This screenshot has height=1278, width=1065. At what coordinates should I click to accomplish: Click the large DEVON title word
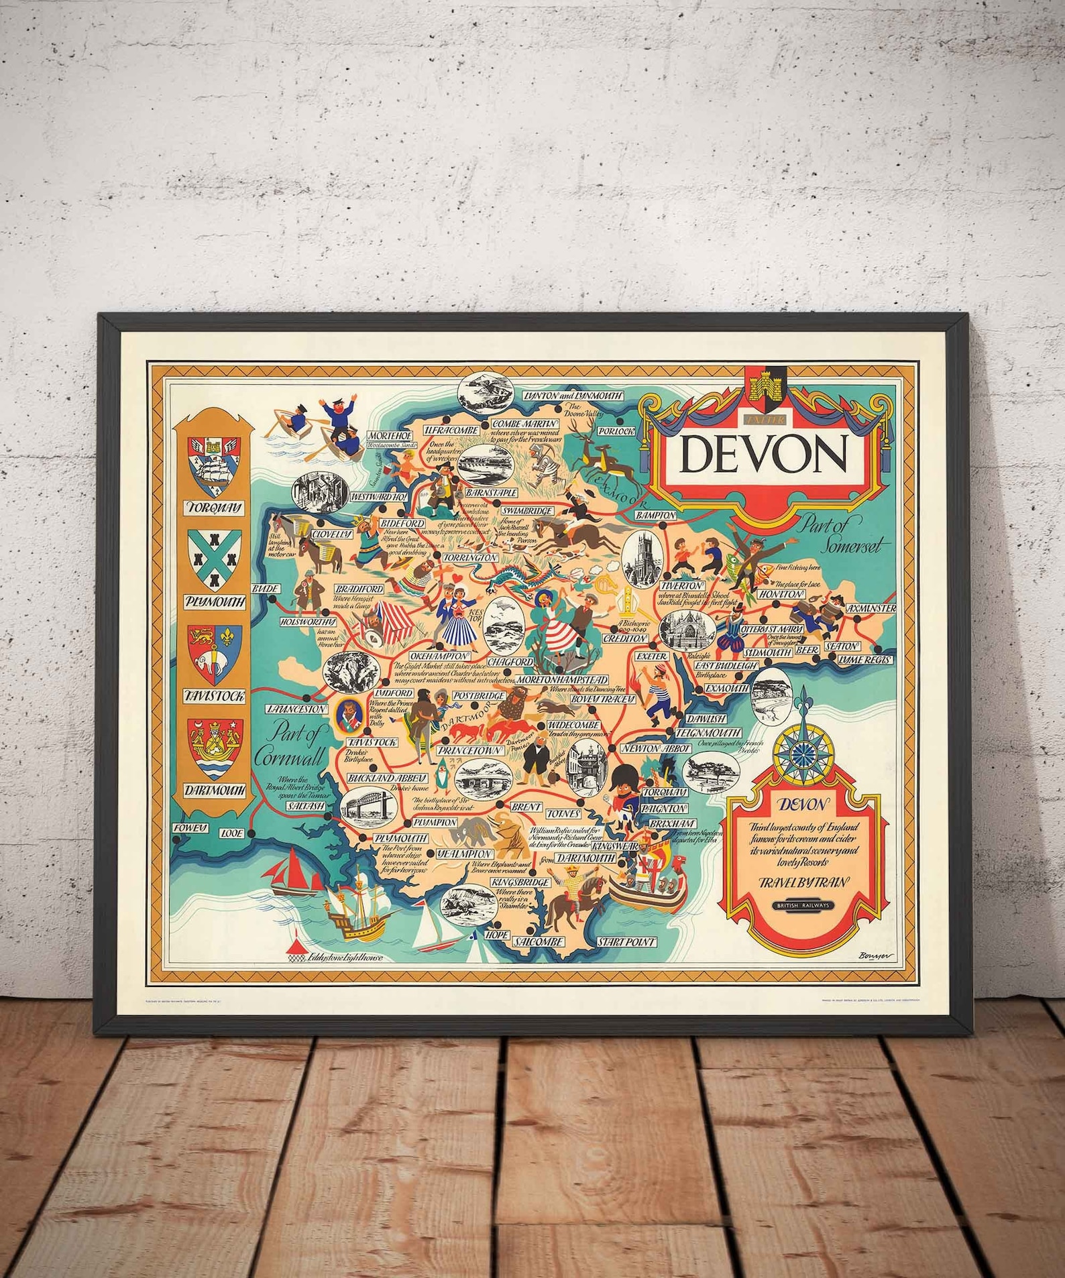click(x=763, y=455)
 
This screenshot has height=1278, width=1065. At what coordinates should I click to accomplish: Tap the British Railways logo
click(x=803, y=905)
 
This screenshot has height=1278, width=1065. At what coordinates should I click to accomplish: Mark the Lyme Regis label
click(x=866, y=660)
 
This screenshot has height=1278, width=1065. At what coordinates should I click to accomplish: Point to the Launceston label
click(x=296, y=708)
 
